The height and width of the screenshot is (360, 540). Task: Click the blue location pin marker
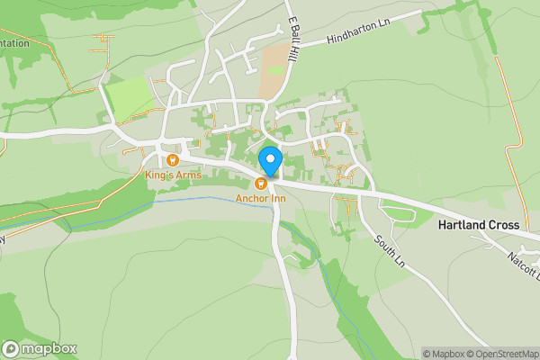coord(271,161)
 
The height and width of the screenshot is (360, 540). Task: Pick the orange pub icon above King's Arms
coord(173,159)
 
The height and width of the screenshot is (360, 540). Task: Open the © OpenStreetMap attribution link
coord(505,354)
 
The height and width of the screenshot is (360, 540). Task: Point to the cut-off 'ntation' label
coord(14,42)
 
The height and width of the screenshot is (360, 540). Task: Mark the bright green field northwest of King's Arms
coord(128,94)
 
